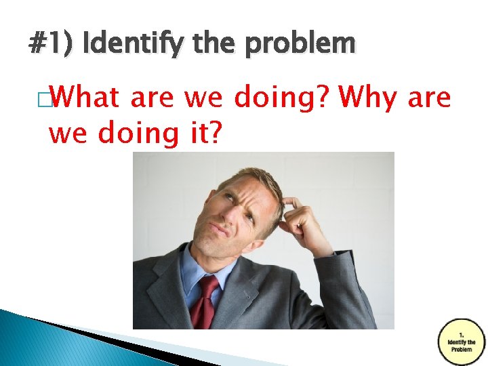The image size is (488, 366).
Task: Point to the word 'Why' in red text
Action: [x=369, y=98]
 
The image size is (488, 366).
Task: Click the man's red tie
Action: [x=203, y=302]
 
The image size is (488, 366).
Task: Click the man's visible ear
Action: [x=274, y=216]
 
